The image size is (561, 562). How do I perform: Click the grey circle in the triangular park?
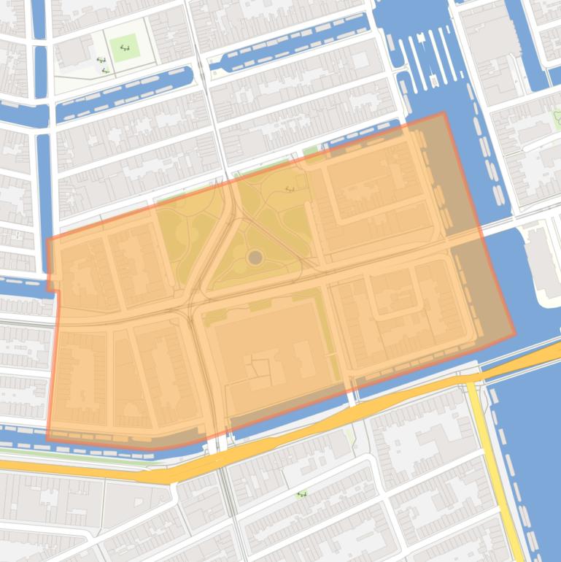[x=255, y=257]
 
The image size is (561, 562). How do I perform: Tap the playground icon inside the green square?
[x=124, y=48]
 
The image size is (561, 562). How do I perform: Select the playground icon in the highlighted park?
[x=290, y=189]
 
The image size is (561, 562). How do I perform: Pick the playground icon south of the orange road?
[x=301, y=495]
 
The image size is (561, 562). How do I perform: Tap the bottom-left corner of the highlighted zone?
[x=47, y=440]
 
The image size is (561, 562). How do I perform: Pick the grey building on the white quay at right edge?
[x=543, y=263]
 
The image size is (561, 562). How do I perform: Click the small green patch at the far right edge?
[x=557, y=117]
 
